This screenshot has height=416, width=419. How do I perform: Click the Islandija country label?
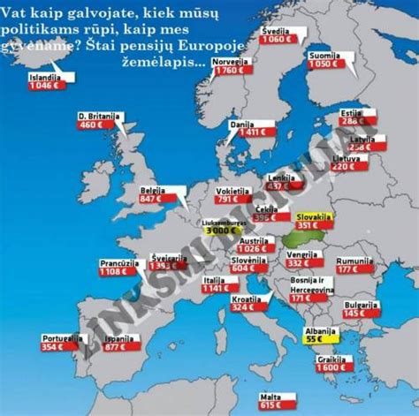[x=44, y=78]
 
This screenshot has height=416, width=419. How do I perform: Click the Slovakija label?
[x=311, y=216]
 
